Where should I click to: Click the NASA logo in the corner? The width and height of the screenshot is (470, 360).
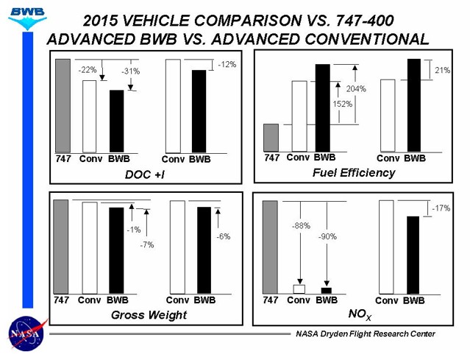pyautogui.click(x=26, y=333)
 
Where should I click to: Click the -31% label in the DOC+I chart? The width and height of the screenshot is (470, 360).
pyautogui.click(x=130, y=71)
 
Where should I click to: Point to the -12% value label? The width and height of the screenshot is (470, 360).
pyautogui.click(x=227, y=65)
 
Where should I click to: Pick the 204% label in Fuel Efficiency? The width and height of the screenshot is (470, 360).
pyautogui.click(x=356, y=89)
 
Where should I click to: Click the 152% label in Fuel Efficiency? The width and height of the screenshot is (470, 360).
pyautogui.click(x=343, y=104)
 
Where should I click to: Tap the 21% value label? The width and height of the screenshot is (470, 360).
pyautogui.click(x=443, y=71)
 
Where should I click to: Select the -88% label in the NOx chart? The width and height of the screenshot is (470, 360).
pyautogui.click(x=299, y=225)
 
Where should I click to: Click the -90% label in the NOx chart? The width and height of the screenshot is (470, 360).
pyautogui.click(x=327, y=237)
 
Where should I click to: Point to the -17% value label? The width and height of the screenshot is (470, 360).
pyautogui.click(x=441, y=208)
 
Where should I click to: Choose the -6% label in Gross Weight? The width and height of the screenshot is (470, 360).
pyautogui.click(x=224, y=237)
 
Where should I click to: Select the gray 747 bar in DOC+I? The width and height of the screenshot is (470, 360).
pyautogui.click(x=63, y=105)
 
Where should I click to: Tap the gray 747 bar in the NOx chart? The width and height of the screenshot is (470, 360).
pyautogui.click(x=270, y=247)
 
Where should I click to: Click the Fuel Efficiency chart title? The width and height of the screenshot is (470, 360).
pyautogui.click(x=354, y=173)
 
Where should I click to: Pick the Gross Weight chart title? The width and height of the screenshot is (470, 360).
pyautogui.click(x=149, y=315)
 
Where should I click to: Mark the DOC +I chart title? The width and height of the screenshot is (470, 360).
pyautogui.click(x=143, y=174)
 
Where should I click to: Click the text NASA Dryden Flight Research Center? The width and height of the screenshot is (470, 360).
pyautogui.click(x=366, y=334)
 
